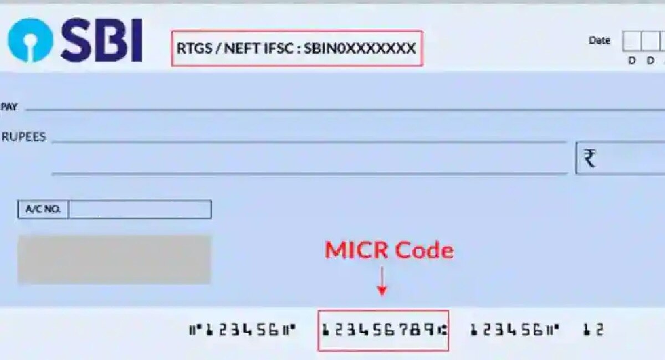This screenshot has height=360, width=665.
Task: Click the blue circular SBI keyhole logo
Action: (x=30, y=40)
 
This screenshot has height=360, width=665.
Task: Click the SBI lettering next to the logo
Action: (x=102, y=40)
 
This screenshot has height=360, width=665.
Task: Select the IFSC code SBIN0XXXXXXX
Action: (x=360, y=48)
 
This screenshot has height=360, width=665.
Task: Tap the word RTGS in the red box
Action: (x=195, y=48)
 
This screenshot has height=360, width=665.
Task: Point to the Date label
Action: (x=600, y=40)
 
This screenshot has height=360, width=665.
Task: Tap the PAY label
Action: (x=9, y=107)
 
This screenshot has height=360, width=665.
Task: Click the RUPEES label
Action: (x=24, y=137)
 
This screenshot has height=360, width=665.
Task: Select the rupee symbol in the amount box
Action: (x=590, y=158)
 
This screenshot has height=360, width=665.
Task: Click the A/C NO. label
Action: (x=43, y=209)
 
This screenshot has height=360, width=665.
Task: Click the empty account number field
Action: (x=140, y=209)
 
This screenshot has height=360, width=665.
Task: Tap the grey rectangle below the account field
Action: (x=115, y=259)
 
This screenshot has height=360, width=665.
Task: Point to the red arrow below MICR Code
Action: (x=382, y=281)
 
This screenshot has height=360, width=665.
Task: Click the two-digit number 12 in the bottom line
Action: (x=594, y=330)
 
